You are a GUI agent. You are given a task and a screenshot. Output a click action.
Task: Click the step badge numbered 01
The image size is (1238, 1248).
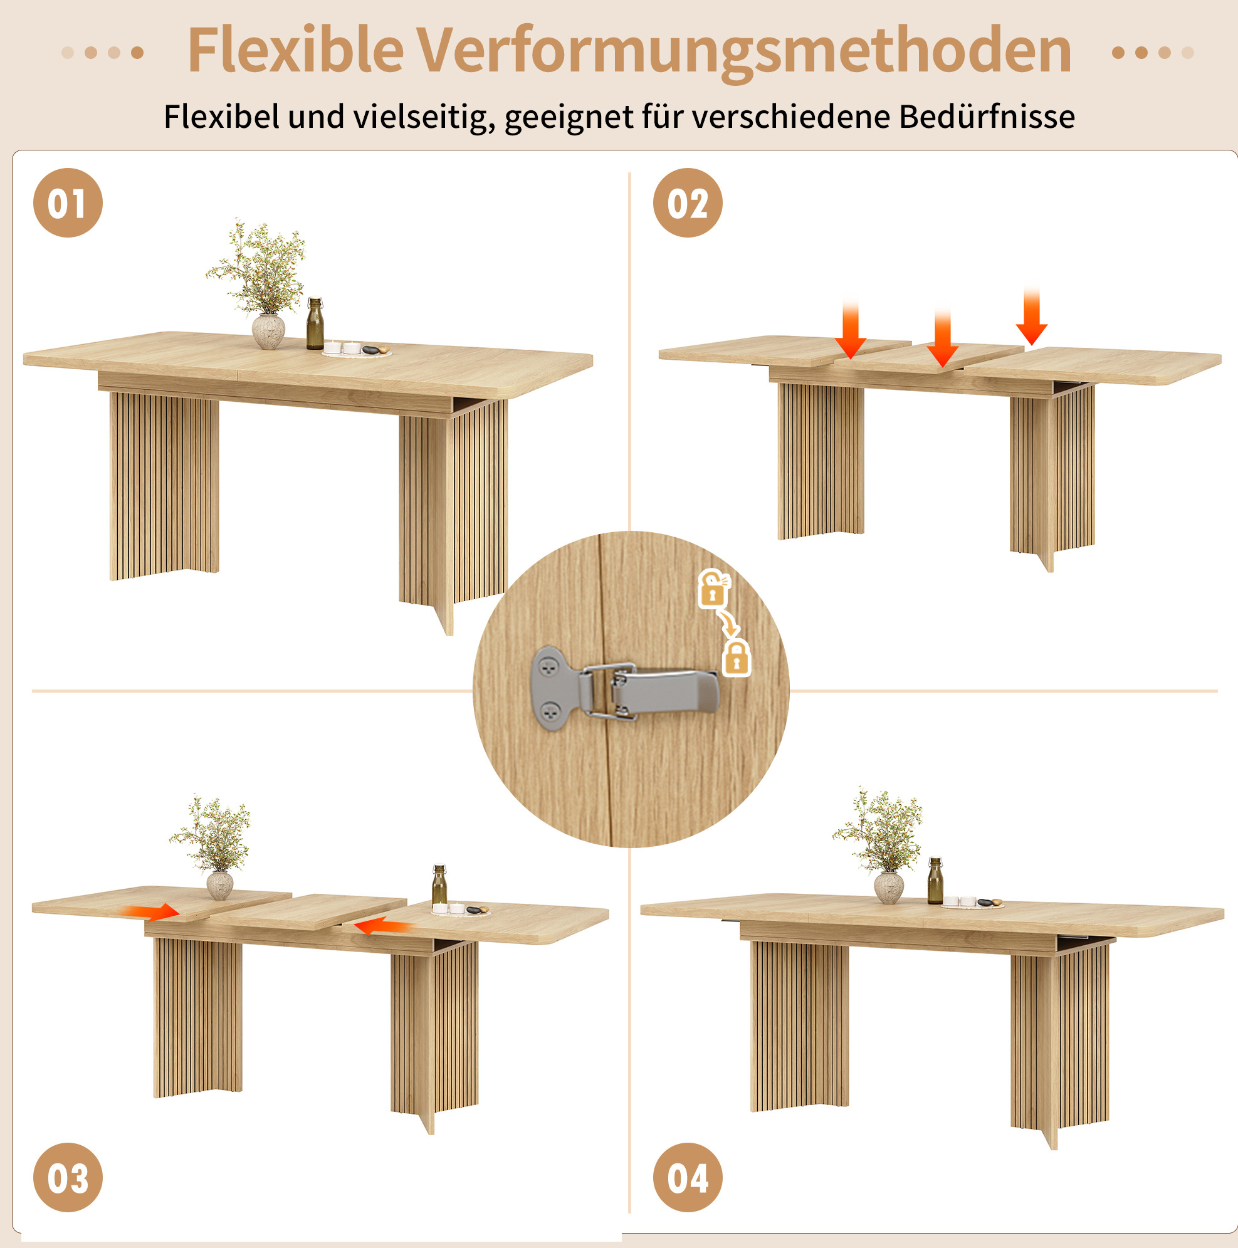(68, 203)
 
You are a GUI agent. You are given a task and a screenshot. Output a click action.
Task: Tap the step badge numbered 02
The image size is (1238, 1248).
(688, 203)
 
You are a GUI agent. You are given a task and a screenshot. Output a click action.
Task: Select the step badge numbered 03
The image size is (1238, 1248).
(68, 1177)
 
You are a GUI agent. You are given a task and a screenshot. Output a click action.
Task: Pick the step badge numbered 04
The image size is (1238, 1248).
(688, 1177)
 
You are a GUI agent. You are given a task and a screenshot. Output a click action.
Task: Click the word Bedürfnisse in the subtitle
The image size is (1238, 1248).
(987, 117)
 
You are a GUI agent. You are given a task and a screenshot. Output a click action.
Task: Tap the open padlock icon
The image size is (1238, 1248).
(713, 589)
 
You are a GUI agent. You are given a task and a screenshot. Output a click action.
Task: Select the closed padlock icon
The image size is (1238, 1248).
(737, 658)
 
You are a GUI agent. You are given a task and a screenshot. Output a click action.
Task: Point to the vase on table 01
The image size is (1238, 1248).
(268, 332)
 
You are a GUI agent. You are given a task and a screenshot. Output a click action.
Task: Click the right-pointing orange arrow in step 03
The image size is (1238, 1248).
(150, 911)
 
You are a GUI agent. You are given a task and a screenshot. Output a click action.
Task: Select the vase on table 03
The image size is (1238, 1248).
(219, 885)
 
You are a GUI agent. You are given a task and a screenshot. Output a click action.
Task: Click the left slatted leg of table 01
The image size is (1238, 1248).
(164, 485)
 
